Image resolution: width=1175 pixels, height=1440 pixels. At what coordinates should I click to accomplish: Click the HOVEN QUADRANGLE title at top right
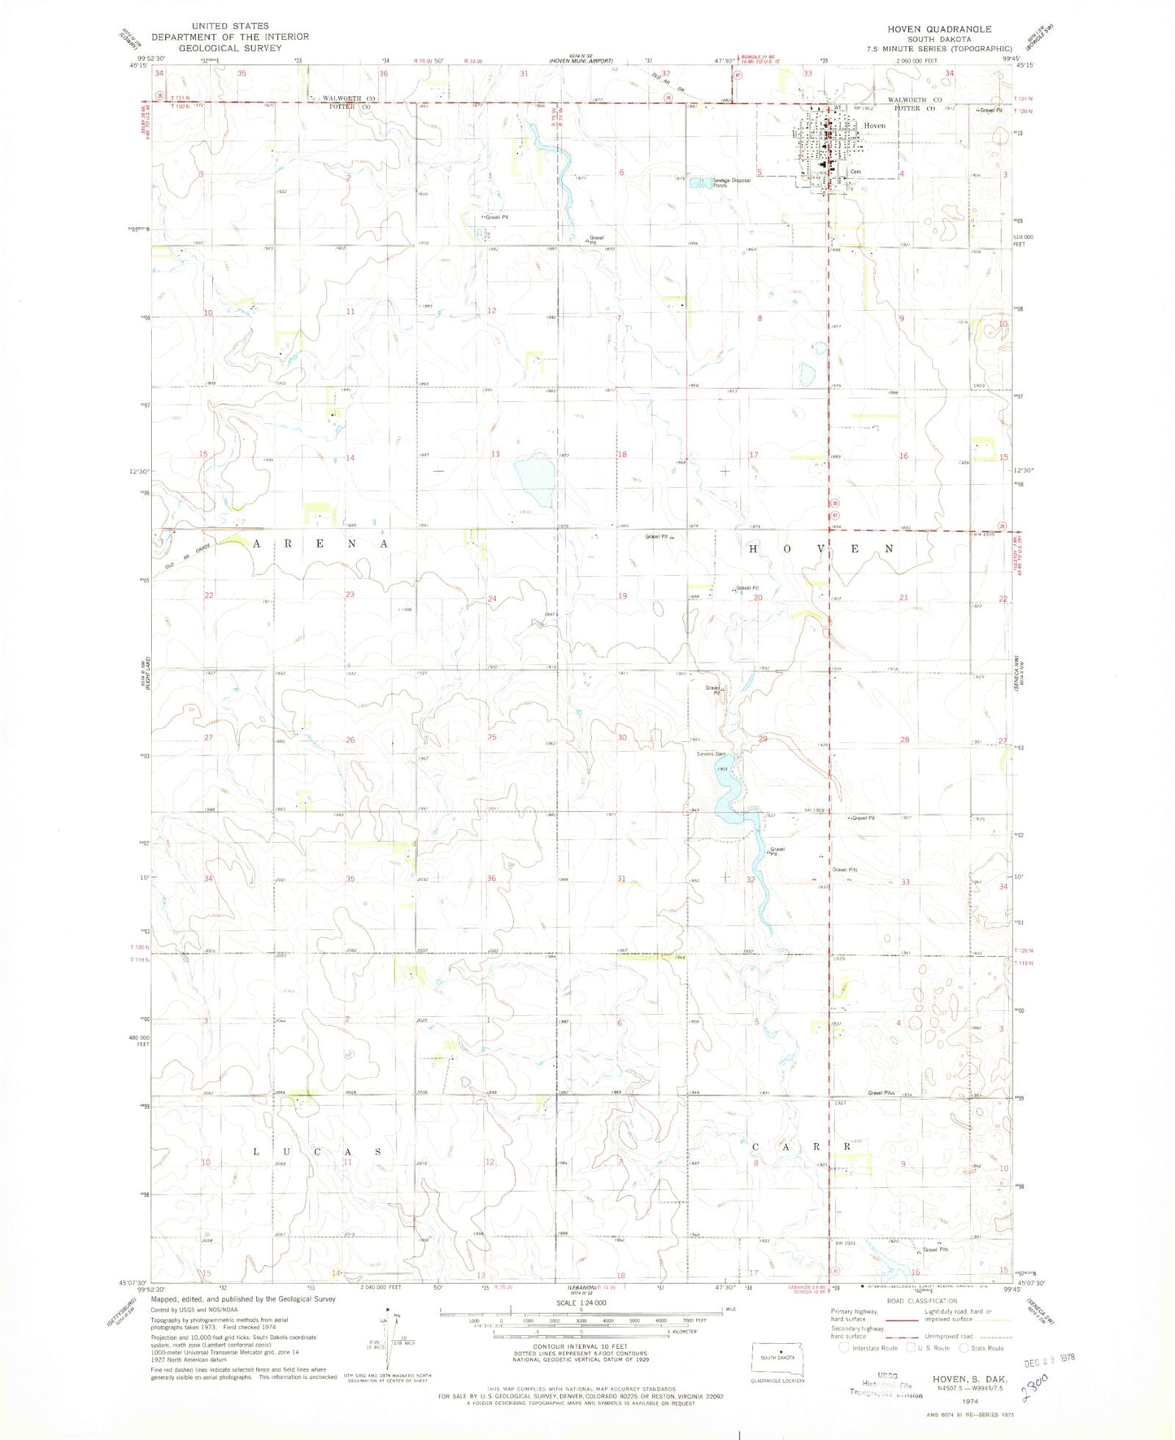click(x=939, y=28)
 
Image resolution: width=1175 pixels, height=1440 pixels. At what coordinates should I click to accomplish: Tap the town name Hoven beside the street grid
click(x=874, y=126)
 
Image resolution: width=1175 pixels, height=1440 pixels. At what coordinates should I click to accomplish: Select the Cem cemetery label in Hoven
click(x=855, y=172)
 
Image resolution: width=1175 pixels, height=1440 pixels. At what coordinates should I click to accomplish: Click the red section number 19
click(x=622, y=596)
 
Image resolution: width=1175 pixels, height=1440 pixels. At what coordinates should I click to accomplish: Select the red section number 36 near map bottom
click(x=491, y=879)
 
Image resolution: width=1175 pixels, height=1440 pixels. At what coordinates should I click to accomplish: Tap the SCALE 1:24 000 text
click(x=581, y=1325)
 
